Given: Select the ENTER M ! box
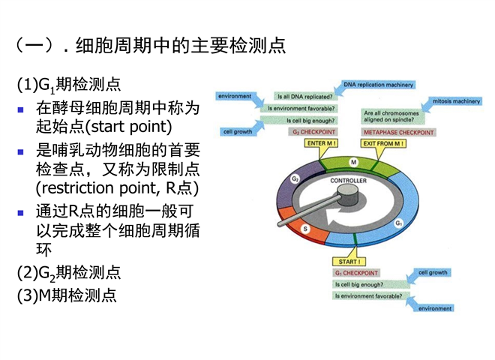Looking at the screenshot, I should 322,142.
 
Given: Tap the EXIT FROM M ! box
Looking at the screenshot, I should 383,142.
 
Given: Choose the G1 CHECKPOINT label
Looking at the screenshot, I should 357,273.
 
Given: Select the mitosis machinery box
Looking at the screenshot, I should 456,100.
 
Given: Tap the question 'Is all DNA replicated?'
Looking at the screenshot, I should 305,96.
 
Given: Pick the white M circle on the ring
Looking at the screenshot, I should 352,163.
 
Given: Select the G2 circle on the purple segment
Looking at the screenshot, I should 295,179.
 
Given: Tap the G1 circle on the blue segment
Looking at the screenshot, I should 399,223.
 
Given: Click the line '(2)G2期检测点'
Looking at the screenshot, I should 69,272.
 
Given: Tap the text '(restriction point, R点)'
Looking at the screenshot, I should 117,187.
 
